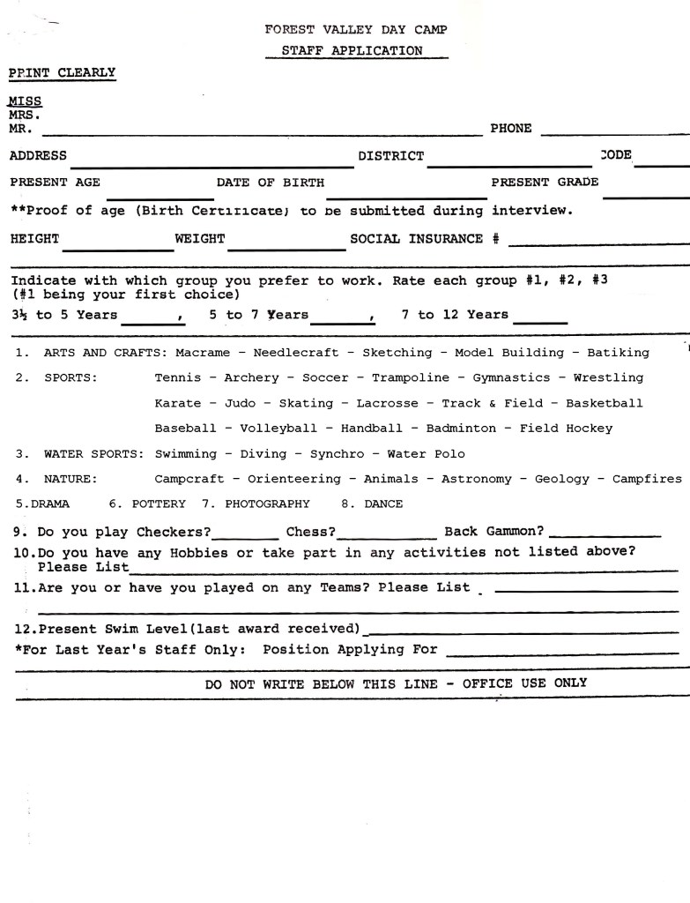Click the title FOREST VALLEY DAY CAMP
356,29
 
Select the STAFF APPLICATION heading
352,51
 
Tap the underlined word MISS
26,101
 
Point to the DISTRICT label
390,156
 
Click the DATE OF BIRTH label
271,183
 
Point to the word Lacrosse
384,403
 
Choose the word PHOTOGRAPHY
267,504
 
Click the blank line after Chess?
387,535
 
